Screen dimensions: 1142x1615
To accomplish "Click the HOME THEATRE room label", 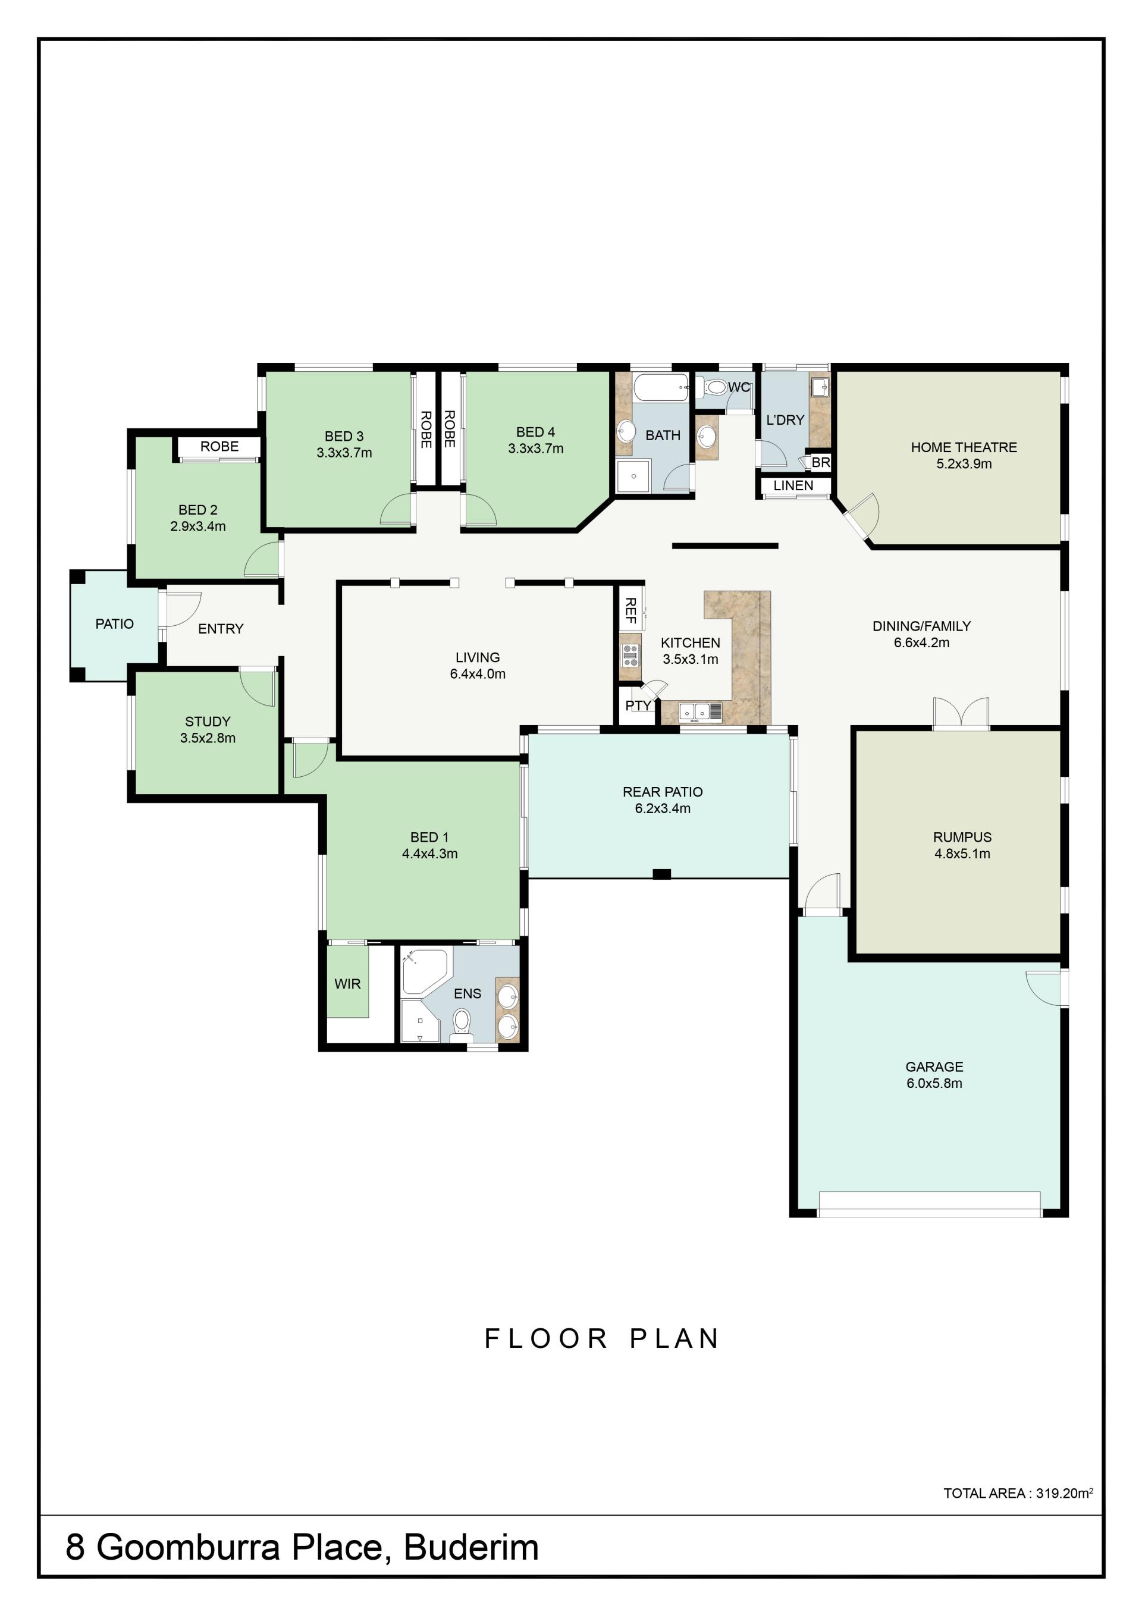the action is (964, 447).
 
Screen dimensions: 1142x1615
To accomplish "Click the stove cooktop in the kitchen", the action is (630, 655).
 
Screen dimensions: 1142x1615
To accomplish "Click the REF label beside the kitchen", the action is (630, 610).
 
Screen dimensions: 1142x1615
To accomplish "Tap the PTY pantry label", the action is (638, 705).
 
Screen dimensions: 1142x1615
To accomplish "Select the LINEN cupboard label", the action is (793, 485).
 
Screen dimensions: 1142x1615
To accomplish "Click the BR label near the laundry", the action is (821, 463).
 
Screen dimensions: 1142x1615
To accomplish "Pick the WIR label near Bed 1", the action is (347, 984).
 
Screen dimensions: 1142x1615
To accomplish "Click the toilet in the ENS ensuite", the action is (462, 1024).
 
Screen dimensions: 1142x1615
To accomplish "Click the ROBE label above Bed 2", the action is (219, 447).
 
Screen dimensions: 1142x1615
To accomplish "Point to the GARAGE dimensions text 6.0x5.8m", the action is (934, 1083).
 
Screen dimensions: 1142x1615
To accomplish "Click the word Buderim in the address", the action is (471, 1547).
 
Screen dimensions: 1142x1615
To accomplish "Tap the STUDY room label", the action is (208, 722).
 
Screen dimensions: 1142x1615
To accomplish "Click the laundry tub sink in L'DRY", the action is (819, 388).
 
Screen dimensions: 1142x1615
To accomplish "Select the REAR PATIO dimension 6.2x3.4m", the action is (663, 809).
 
